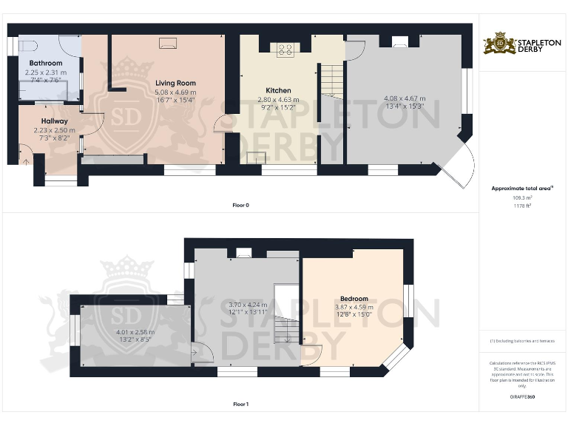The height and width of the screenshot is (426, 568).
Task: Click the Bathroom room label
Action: point(44,64)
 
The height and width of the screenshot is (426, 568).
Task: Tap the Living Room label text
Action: point(175,83)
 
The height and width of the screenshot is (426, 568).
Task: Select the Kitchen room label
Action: point(278,91)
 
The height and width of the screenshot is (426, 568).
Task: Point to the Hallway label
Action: point(55,121)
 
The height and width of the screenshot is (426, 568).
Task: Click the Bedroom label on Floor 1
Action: point(354,299)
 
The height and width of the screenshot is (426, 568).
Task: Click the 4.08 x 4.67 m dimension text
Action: point(405,98)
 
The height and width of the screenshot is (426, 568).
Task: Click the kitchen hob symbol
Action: point(285,50)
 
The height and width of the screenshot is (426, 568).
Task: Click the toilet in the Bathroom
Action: point(27,43)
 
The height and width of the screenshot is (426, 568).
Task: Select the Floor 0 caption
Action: point(240,204)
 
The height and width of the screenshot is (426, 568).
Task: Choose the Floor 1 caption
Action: point(240,405)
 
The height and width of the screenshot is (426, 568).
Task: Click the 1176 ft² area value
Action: point(522,206)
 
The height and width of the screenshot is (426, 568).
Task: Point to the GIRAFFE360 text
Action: point(522,397)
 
